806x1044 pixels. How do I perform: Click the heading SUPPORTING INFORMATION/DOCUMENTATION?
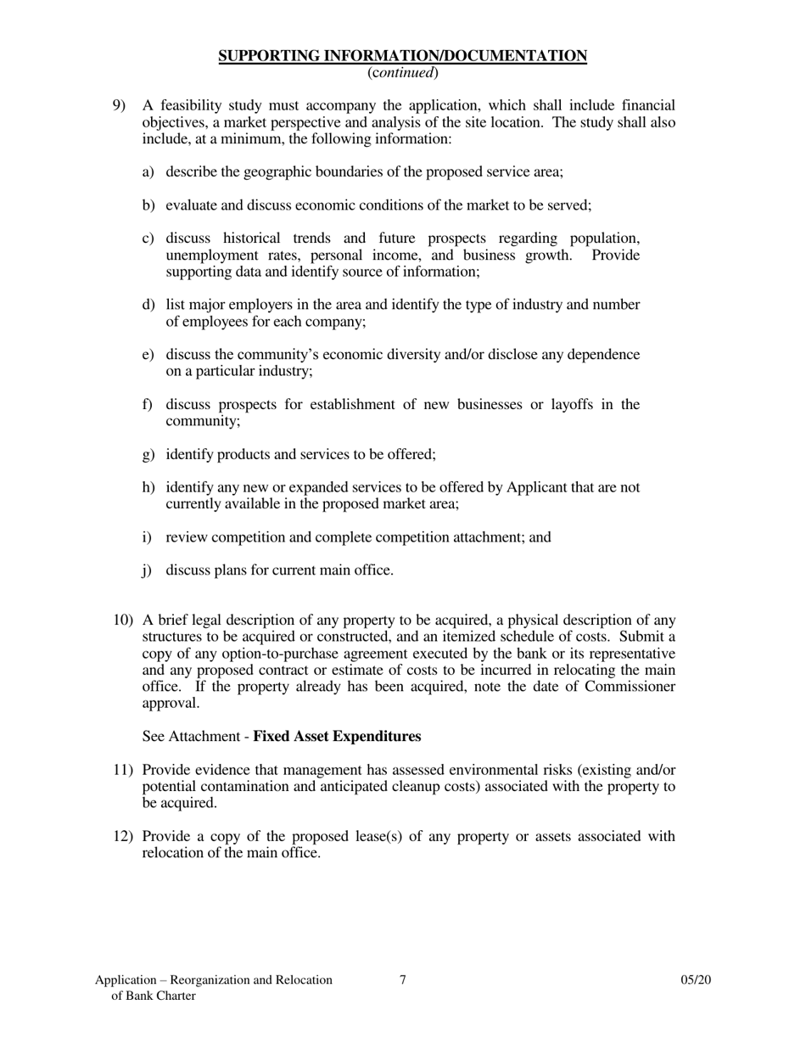[402, 56]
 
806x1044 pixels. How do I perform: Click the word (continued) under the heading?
[402, 73]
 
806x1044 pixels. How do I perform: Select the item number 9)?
[120, 105]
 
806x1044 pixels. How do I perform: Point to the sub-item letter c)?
[148, 239]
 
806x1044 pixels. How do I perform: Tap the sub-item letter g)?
[148, 454]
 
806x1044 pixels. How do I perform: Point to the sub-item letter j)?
[148, 570]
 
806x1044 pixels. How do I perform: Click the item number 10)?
[123, 620]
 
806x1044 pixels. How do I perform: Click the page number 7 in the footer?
[403, 979]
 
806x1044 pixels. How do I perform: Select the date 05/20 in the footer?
[695, 979]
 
